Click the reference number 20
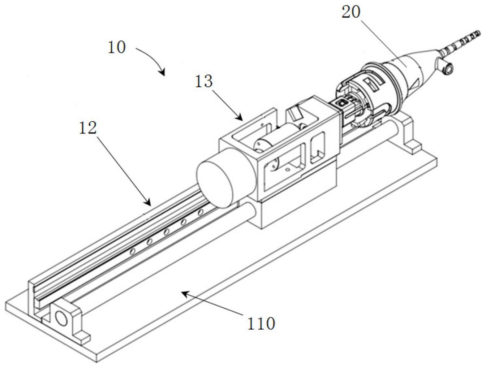tap(351, 12)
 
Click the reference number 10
tap(116, 47)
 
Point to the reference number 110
tap(261, 323)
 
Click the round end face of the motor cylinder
tap(215, 184)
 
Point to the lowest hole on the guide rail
tap(133, 251)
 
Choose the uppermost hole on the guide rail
tap(200, 212)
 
